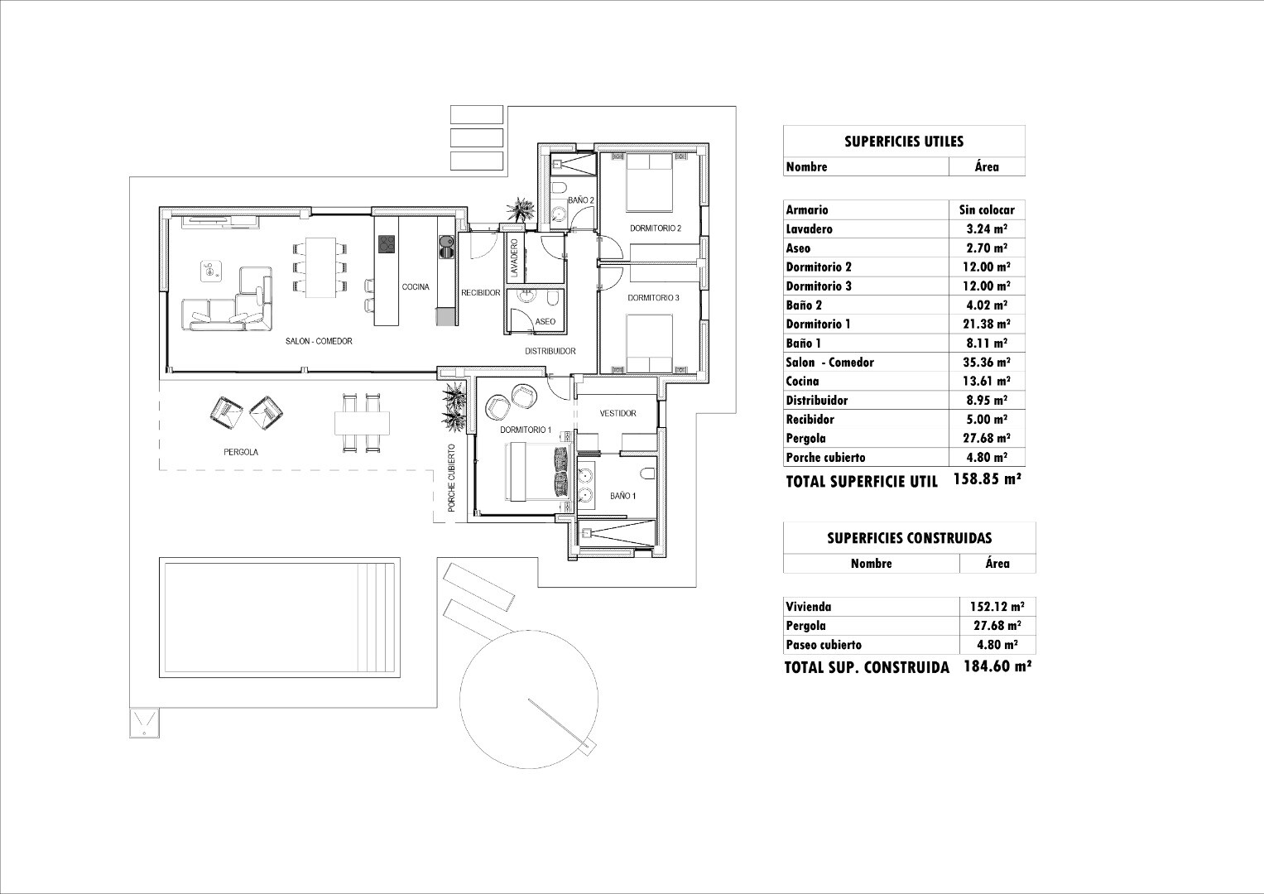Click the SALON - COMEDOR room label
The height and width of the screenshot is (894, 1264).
tap(319, 341)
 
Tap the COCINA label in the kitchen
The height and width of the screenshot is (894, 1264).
tap(416, 286)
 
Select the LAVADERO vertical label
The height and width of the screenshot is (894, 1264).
tap(514, 258)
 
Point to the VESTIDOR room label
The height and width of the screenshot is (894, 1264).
tap(618, 413)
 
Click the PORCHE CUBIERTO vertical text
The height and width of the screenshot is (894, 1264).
tap(451, 478)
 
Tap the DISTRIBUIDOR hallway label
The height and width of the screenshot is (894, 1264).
tap(550, 351)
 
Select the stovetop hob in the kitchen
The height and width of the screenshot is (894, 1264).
tap(387, 244)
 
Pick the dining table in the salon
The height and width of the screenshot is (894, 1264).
tap(320, 267)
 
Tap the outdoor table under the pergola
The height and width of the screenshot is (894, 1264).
tap(362, 423)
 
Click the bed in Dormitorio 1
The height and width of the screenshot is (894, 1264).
tap(536, 471)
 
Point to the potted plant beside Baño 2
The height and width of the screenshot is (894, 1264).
tap(520, 209)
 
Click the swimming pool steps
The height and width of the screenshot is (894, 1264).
tap(377, 618)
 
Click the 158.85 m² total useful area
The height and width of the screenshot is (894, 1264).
tap(988, 479)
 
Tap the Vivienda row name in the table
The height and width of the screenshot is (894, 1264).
tap(809, 607)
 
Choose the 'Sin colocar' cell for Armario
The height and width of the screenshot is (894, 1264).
tap(987, 210)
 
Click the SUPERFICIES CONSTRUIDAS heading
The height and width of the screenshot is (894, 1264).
tap(910, 538)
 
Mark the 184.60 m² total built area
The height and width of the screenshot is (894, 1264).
tap(997, 666)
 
